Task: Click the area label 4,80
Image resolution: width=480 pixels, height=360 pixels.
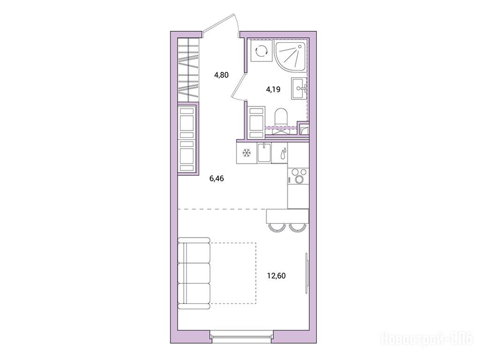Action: coord(221,75)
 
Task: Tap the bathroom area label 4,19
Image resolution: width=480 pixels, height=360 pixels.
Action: coord(273,90)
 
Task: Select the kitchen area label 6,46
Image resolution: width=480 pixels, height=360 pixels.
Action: coord(217,179)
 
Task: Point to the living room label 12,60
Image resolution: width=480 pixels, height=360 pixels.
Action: coord(277,276)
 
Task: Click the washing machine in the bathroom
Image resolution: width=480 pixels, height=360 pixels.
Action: coord(261,51)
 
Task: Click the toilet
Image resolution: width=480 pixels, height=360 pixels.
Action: coord(281,117)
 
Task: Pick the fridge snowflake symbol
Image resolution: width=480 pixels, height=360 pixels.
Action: coord(246,153)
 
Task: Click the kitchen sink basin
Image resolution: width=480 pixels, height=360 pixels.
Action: coord(264,153)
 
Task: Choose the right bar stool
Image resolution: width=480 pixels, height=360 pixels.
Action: coord(297,227)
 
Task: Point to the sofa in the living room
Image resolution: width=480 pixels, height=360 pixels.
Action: coord(194,273)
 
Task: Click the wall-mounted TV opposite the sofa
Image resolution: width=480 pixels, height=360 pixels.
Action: coord(306,273)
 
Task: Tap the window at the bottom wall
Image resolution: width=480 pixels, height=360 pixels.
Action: coord(241,337)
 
